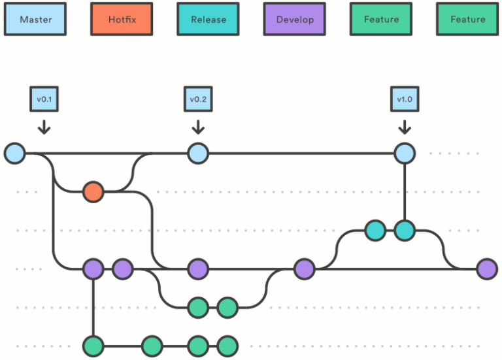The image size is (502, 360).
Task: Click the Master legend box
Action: tap(35, 20)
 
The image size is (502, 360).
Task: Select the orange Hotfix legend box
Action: tap(122, 20)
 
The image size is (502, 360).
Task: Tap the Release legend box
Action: tap(209, 20)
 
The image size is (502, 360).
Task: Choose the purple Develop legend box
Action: tap(295, 20)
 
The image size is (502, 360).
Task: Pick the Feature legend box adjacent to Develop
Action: tap(381, 20)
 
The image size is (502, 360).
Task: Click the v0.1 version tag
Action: tap(44, 99)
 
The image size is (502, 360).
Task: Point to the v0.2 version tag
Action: tap(197, 99)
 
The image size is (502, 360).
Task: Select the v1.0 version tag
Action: tap(405, 99)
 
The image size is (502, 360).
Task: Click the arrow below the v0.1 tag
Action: tap(44, 125)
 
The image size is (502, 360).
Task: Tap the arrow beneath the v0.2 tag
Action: tap(197, 125)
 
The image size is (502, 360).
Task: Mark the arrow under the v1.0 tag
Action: tap(405, 125)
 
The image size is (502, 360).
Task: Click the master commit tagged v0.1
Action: tap(14, 154)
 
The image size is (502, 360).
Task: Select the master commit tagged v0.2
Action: tap(197, 154)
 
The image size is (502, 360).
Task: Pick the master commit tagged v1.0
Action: tap(405, 154)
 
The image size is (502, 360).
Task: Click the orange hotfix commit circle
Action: tap(93, 192)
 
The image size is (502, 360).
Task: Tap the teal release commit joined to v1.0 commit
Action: tap(405, 230)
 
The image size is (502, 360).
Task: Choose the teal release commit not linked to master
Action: tap(375, 230)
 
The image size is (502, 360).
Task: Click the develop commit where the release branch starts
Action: tap(304, 269)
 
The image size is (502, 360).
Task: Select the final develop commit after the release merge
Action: tap(486, 269)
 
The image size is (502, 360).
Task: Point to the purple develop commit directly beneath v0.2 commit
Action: tap(197, 269)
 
